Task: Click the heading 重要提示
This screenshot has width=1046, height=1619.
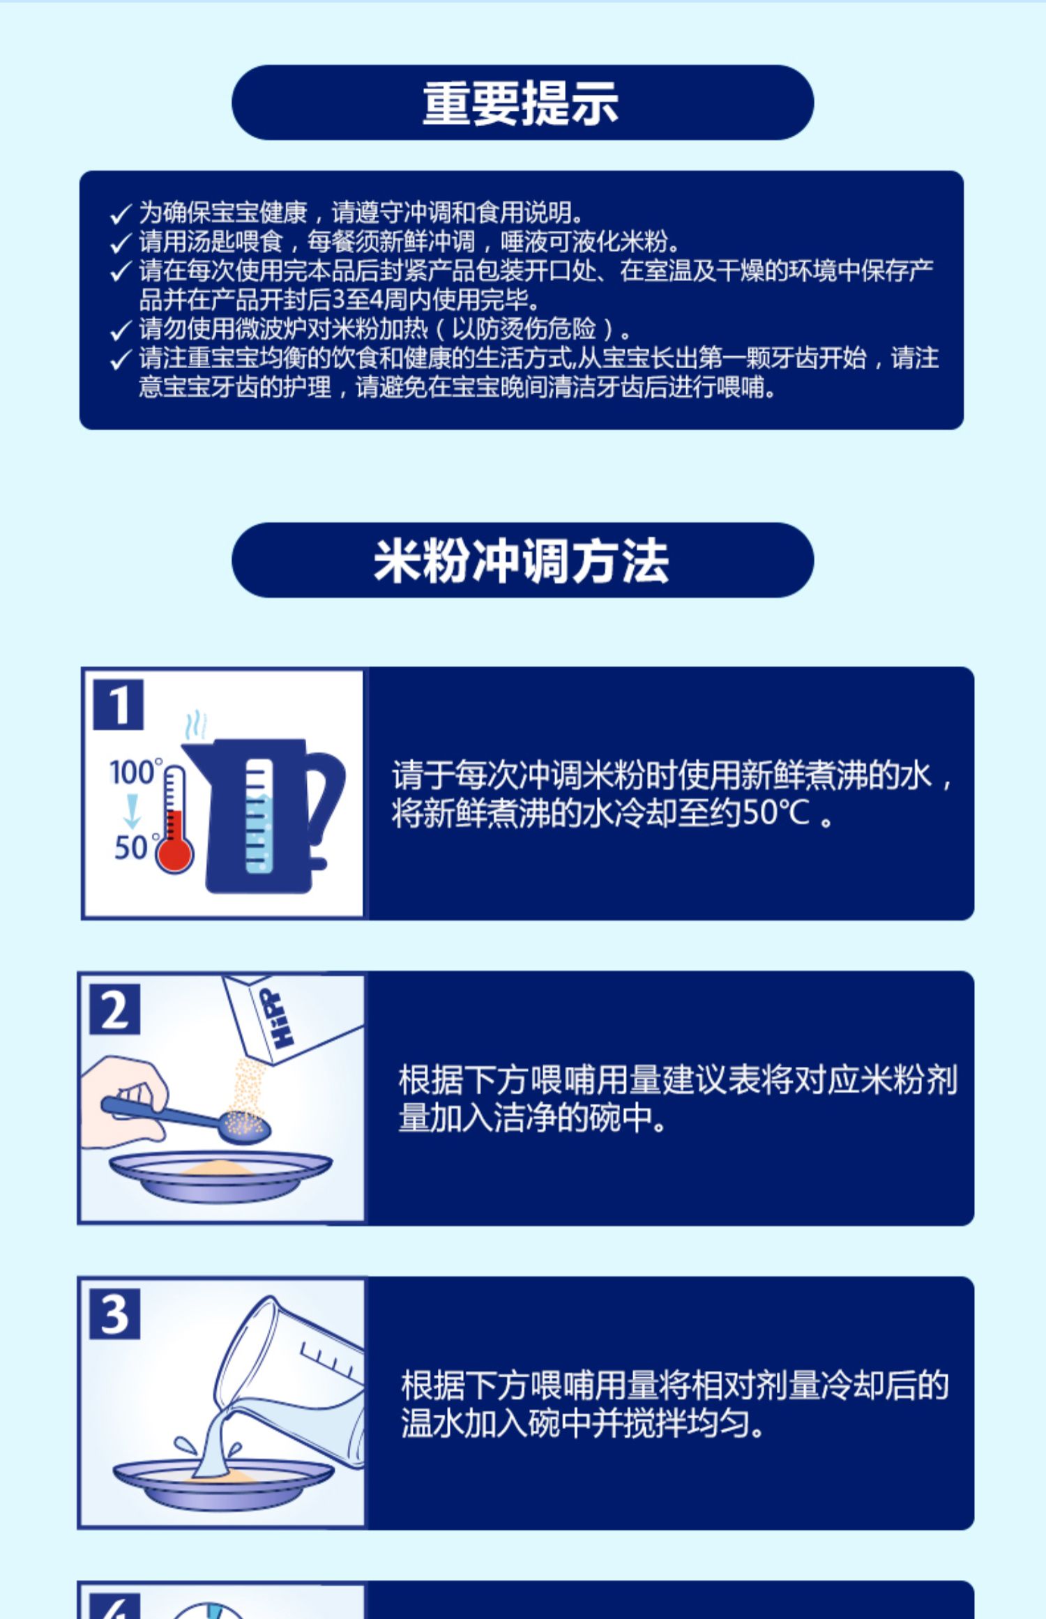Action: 521,103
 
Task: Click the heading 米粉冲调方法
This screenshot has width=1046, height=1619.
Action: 522,561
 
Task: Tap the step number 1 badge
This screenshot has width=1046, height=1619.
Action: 119,704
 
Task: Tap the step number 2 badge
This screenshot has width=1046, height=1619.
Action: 115,1010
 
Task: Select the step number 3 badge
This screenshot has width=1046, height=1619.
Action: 115,1314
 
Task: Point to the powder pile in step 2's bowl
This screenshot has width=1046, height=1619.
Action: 218,1166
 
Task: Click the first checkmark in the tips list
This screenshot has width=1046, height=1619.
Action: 121,213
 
